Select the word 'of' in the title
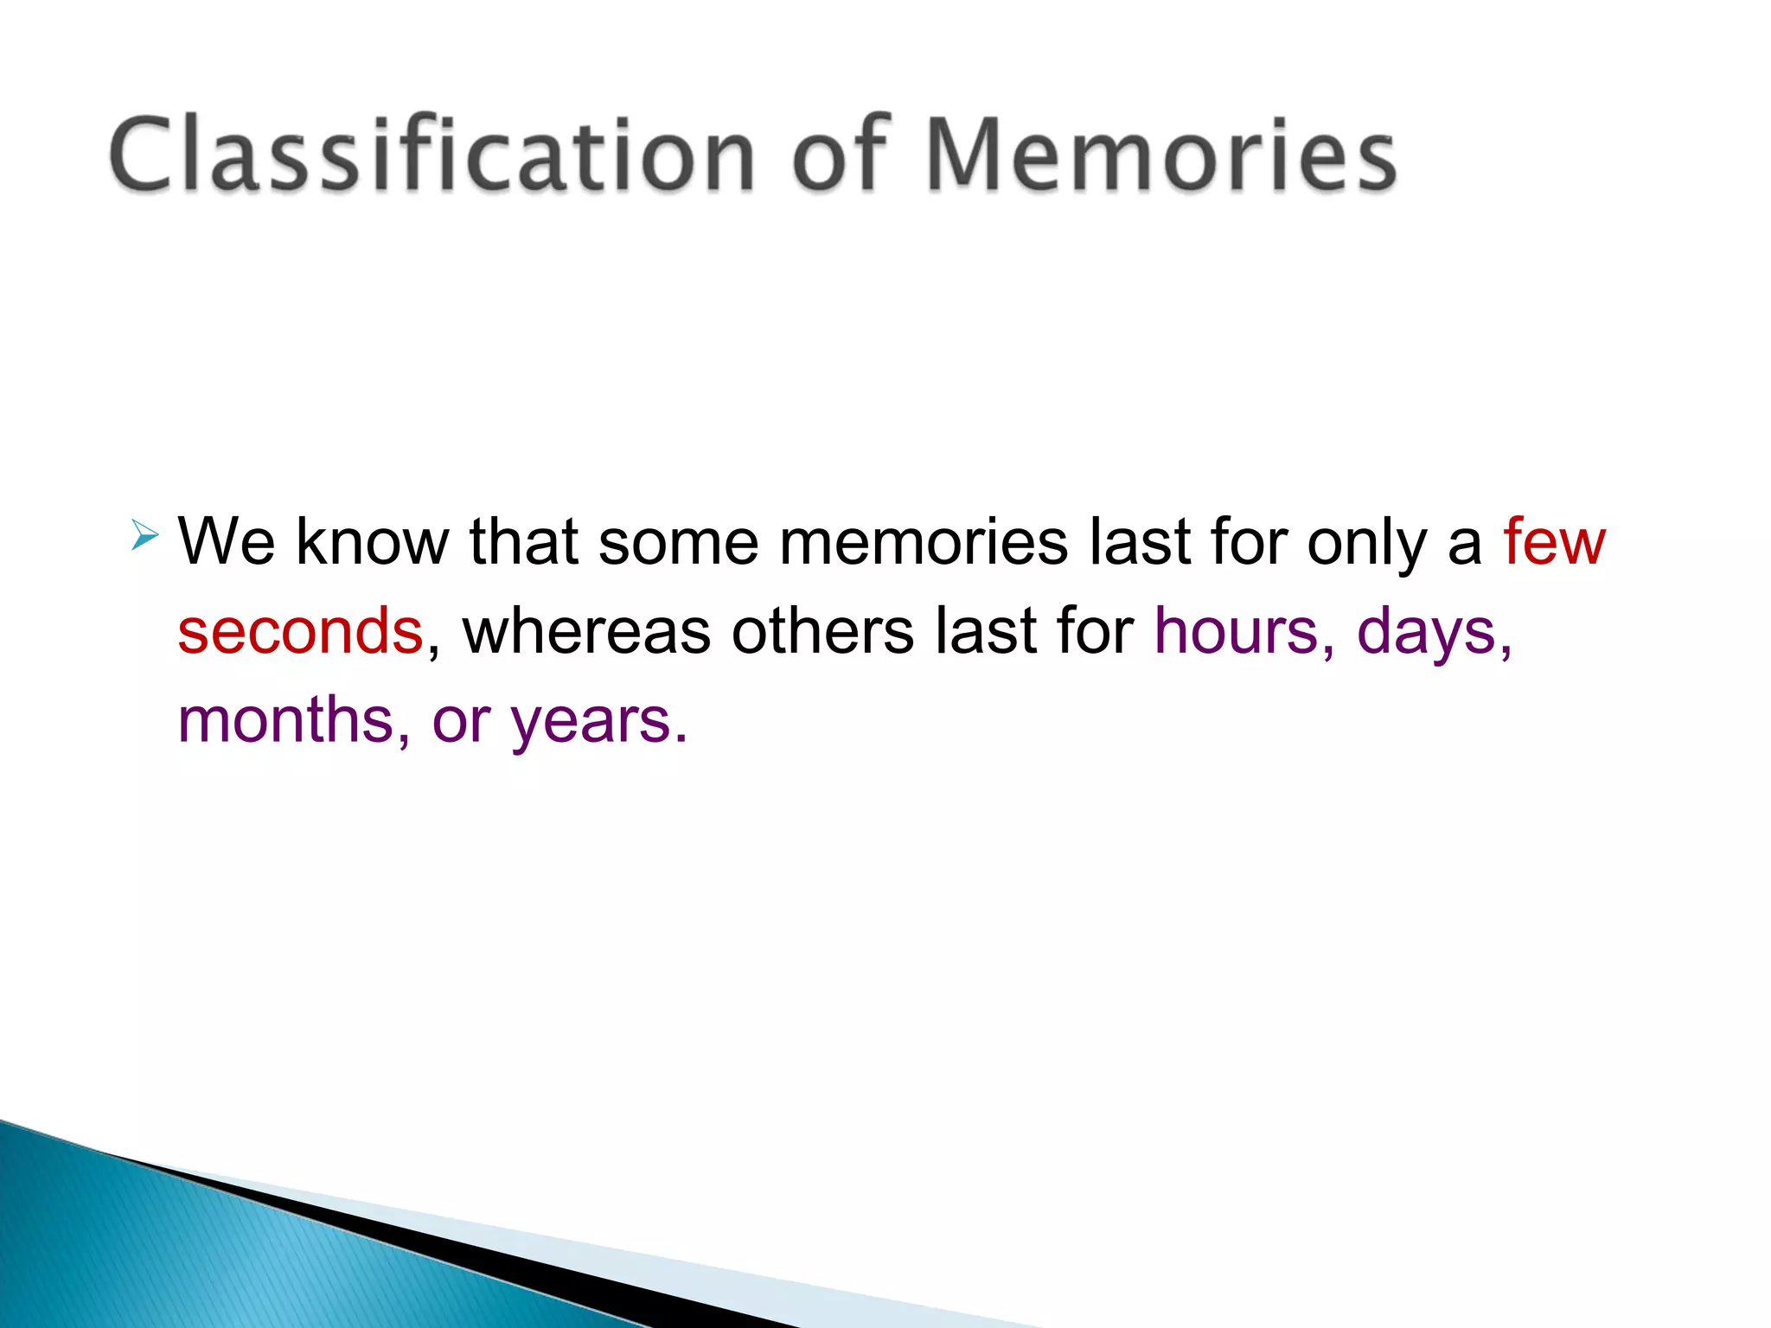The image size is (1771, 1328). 839,154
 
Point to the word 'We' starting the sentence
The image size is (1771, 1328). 226,542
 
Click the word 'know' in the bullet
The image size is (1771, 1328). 372,542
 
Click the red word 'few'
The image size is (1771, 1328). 1554,542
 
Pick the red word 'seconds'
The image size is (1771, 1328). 300,631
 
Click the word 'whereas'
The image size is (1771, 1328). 586,631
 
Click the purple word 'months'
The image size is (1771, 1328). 285,720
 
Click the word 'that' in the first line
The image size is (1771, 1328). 523,542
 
